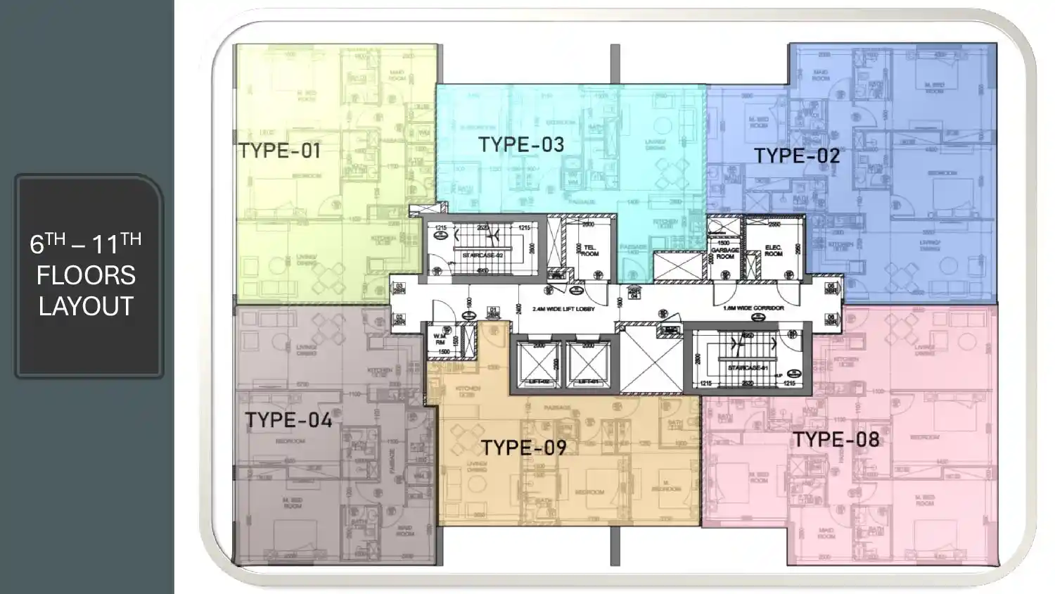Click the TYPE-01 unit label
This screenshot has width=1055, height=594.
(279, 150)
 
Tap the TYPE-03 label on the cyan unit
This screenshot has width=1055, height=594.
(521, 144)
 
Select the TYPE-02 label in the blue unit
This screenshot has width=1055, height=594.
(797, 156)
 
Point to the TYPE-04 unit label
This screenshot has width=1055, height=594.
(288, 420)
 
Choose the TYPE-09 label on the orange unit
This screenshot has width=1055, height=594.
(523, 448)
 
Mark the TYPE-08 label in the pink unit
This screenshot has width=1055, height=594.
(836, 440)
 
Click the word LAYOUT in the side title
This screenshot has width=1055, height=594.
(86, 307)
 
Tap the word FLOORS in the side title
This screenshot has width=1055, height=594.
(86, 275)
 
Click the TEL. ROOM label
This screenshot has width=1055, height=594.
(589, 251)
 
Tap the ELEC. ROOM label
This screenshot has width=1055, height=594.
(773, 251)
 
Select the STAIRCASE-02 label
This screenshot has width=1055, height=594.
(482, 255)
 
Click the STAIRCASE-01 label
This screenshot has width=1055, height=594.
(748, 368)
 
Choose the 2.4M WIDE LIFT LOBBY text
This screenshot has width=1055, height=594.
(563, 309)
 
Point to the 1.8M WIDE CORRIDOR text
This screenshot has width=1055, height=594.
(753, 308)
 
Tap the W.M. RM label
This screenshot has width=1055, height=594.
(440, 339)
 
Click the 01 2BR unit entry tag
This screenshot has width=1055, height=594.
(493, 312)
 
